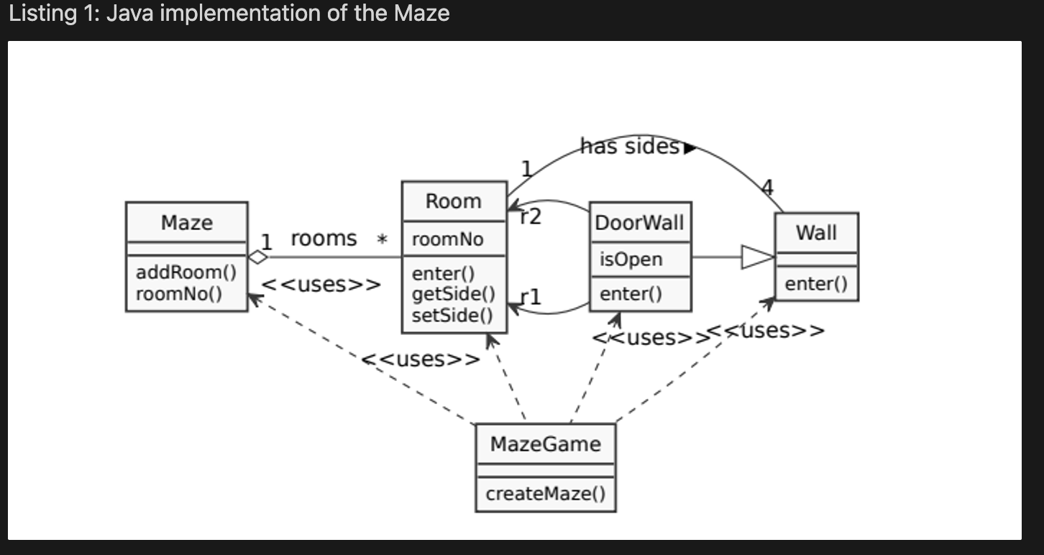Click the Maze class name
click(186, 223)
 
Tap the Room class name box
click(454, 201)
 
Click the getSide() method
click(454, 293)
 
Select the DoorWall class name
click(640, 223)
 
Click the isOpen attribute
click(631, 260)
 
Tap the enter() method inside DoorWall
click(631, 293)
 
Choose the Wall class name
click(816, 233)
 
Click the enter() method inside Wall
click(816, 284)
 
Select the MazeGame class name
click(545, 444)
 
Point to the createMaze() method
click(545, 494)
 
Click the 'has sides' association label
click(630, 147)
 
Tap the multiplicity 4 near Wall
click(767, 188)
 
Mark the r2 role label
click(531, 216)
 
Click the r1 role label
click(531, 296)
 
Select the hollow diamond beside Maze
click(257, 257)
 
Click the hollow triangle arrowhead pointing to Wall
click(756, 257)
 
